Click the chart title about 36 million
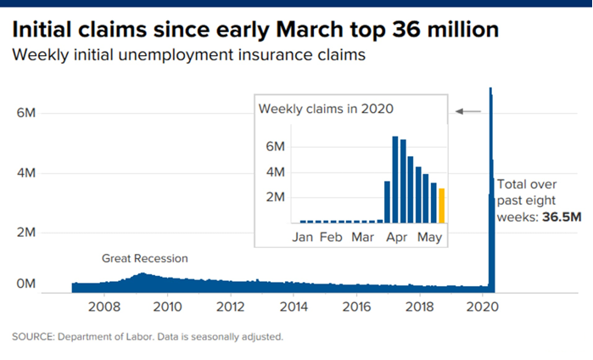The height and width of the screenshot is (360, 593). tap(255, 31)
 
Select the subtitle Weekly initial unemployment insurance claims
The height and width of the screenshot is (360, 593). tap(188, 57)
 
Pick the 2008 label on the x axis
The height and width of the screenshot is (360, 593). tap(103, 307)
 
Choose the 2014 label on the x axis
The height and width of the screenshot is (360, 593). tap(294, 307)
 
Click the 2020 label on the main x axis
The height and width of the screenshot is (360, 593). tap(483, 307)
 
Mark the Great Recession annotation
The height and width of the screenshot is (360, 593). tap(144, 258)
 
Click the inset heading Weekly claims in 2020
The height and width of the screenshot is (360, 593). tap(326, 109)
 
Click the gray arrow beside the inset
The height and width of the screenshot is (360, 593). tap(468, 111)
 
